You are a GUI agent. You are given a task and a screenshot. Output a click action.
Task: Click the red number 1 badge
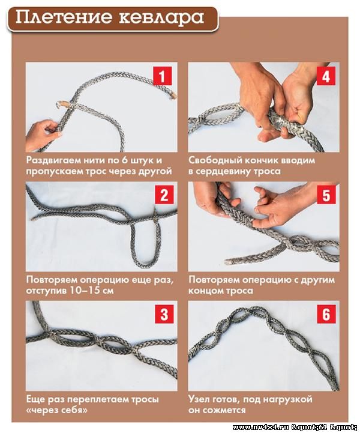[x=162, y=76]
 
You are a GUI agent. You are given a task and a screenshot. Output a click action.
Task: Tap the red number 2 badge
[x=164, y=195]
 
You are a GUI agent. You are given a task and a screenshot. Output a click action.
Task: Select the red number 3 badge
[x=164, y=314]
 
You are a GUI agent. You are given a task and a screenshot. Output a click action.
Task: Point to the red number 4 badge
[x=326, y=76]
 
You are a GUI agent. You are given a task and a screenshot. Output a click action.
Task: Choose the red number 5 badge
[x=326, y=195]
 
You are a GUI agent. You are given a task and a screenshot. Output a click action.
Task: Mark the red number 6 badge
[x=326, y=314]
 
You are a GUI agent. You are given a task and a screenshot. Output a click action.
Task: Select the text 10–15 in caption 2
[x=83, y=291]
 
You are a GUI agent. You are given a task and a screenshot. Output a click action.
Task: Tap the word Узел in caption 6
[x=199, y=399]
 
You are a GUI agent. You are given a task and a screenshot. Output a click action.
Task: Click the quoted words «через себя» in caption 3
[x=57, y=410]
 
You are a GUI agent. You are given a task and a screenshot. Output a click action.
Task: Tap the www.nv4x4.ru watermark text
[x=261, y=427]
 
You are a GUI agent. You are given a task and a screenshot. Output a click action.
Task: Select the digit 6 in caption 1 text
[x=123, y=160]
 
